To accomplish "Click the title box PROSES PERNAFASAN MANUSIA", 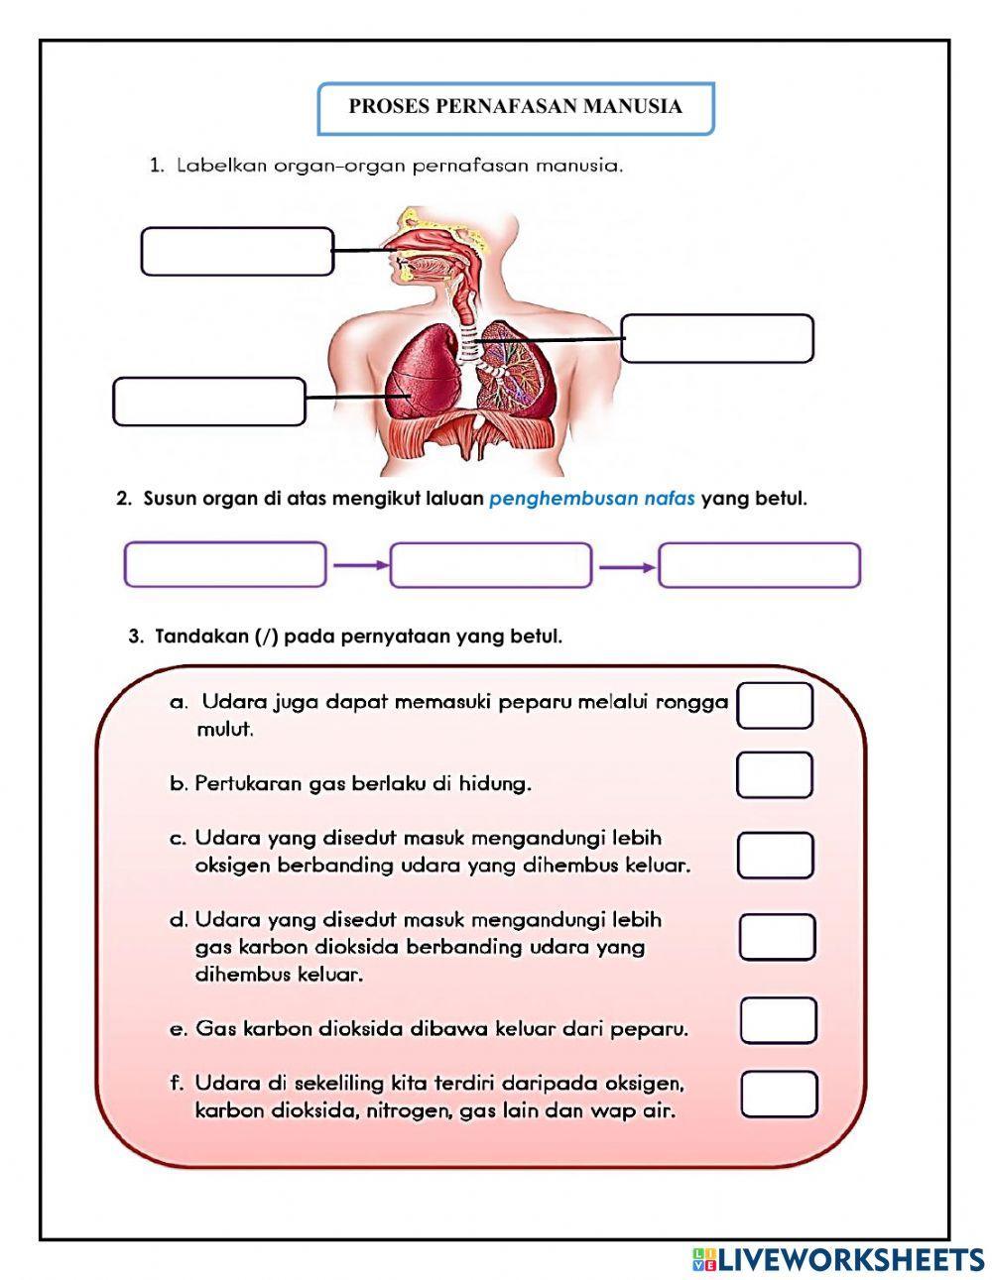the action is [515, 108].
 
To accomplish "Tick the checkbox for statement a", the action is [775, 706].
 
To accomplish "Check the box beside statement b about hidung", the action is [774, 775].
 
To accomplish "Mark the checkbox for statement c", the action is [775, 856].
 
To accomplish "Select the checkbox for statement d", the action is [777, 937].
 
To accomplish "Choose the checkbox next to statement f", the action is [779, 1094].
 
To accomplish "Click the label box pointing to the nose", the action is [236, 252].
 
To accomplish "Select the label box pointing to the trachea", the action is [717, 339].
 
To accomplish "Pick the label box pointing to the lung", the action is [209, 402].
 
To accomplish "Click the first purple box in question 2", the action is [225, 565].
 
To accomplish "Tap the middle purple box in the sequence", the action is [491, 565].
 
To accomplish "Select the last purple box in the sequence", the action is [759, 565].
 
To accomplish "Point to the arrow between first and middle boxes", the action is [358, 566].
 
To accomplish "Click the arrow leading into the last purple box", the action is [626, 567].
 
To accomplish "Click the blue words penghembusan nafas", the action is [591, 499].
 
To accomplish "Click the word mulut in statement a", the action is [225, 730].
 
